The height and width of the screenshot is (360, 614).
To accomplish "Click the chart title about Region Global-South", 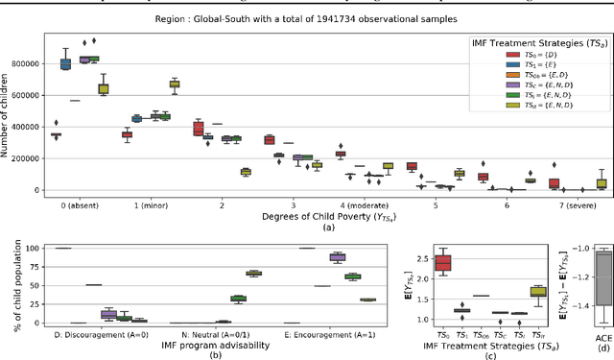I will coord(307,17).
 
